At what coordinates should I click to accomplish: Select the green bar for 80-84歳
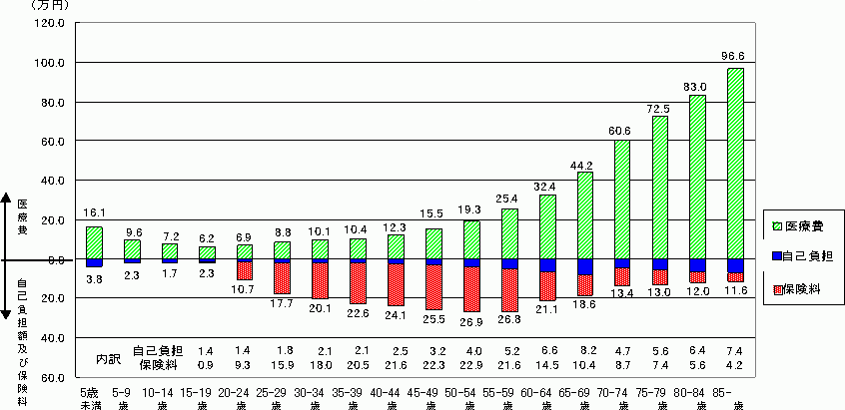pos(697,177)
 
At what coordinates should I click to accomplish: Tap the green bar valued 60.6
pos(621,200)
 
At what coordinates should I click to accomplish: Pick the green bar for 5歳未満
pos(94,242)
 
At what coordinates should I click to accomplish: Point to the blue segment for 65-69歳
pos(584,266)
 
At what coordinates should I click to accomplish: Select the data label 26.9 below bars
pos(471,321)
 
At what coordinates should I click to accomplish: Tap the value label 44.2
pos(584,164)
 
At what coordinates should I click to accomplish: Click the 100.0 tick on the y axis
pos(50,63)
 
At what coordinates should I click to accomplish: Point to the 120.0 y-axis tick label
pos(50,23)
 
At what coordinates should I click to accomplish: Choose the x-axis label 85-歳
pos(736,399)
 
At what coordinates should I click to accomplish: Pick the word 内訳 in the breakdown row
pos(108,357)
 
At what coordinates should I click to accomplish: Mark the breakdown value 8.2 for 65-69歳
pos(584,351)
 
